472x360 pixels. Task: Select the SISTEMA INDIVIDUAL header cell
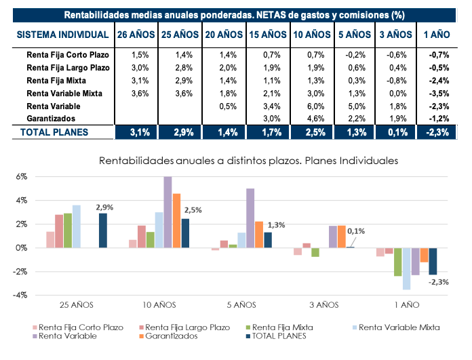pyautogui.click(x=62, y=34)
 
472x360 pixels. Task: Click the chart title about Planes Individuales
pyautogui.click(x=248, y=161)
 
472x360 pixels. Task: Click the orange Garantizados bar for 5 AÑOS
pyautogui.click(x=258, y=235)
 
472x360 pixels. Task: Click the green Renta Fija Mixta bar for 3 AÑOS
pyautogui.click(x=315, y=252)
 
